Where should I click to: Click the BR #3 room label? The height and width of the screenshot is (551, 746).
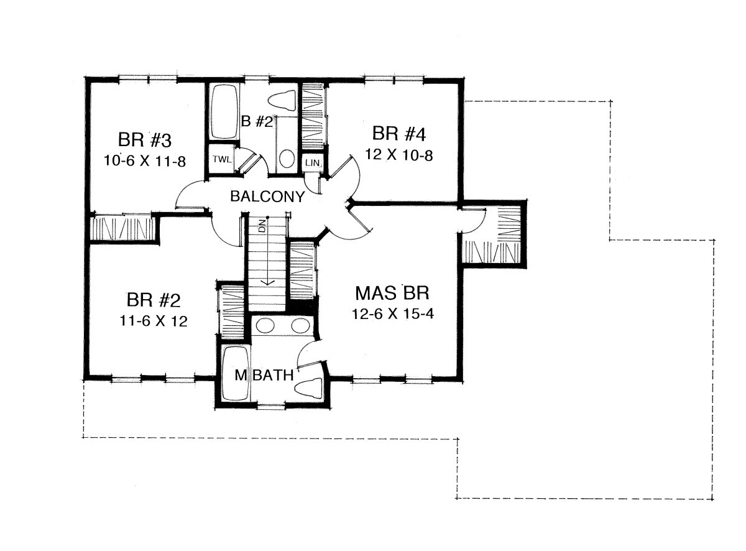coord(145,140)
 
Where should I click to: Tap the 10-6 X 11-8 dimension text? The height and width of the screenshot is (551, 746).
coord(145,161)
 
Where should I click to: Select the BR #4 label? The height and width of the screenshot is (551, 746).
coord(399,134)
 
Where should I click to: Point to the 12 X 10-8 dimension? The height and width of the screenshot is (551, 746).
coord(399,155)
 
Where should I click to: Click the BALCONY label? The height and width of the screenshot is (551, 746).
coord(267,197)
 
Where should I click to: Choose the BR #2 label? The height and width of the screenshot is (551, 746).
coord(154,300)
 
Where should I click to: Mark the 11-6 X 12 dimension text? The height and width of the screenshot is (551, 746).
coord(154,321)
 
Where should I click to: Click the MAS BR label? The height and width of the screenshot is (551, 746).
coord(392,293)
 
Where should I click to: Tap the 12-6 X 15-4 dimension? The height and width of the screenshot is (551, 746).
coord(392,314)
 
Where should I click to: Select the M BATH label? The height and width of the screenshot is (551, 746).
coord(264,375)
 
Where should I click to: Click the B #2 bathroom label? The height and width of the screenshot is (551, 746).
coord(257,121)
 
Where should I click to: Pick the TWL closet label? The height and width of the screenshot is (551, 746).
coord(222,159)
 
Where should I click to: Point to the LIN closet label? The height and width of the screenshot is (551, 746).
coord(312,163)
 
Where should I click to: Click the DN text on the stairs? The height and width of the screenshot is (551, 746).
coord(263,225)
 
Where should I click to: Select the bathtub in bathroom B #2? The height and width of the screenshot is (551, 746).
coord(224,111)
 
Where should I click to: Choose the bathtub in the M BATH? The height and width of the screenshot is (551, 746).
coord(236,373)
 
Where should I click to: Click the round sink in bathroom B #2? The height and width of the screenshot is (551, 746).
coord(287,159)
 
